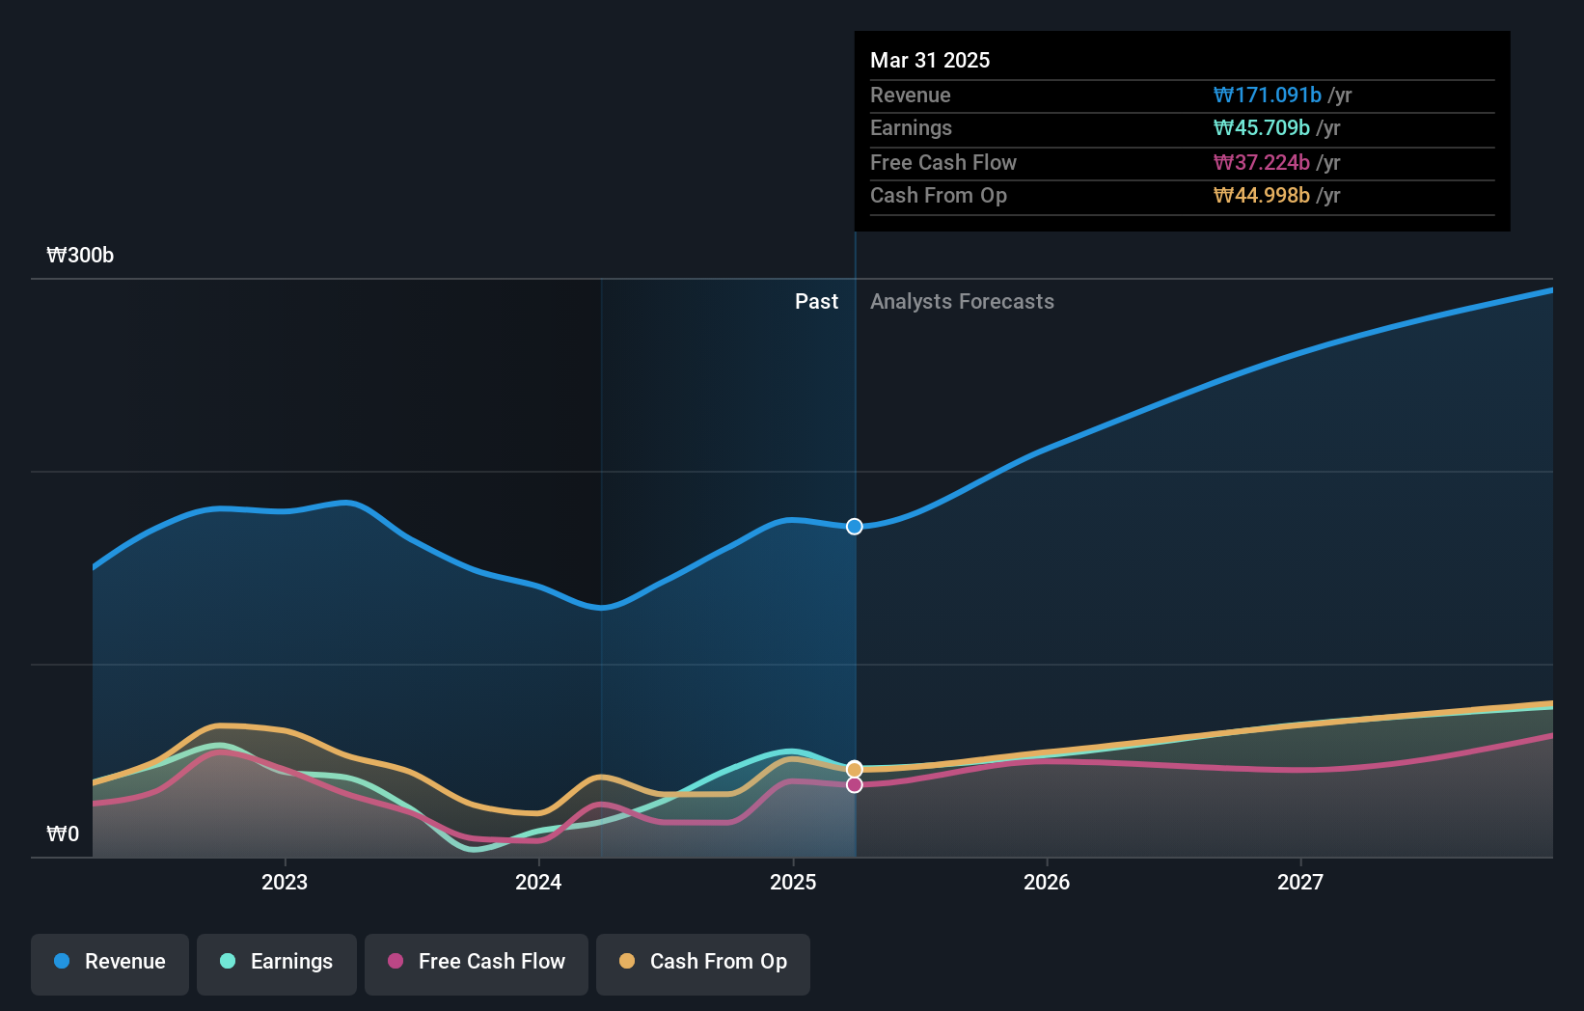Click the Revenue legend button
point(110,963)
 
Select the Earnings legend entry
point(277,963)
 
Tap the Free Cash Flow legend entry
point(477,963)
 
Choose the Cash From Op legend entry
point(703,963)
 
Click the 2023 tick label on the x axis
point(285,883)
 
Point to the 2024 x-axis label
point(538,883)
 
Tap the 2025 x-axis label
point(793,883)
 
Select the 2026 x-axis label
point(1047,883)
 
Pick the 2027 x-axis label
point(1300,883)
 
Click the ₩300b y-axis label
point(80,256)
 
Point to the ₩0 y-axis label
point(63,834)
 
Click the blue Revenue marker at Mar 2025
point(855,527)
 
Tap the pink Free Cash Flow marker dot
point(855,785)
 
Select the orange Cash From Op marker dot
point(855,769)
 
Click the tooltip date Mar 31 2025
point(930,61)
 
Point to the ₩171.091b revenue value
point(1267,96)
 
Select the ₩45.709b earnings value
point(1261,128)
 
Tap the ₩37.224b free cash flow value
point(1261,163)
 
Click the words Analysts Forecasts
point(962,302)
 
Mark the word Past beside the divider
point(816,302)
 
